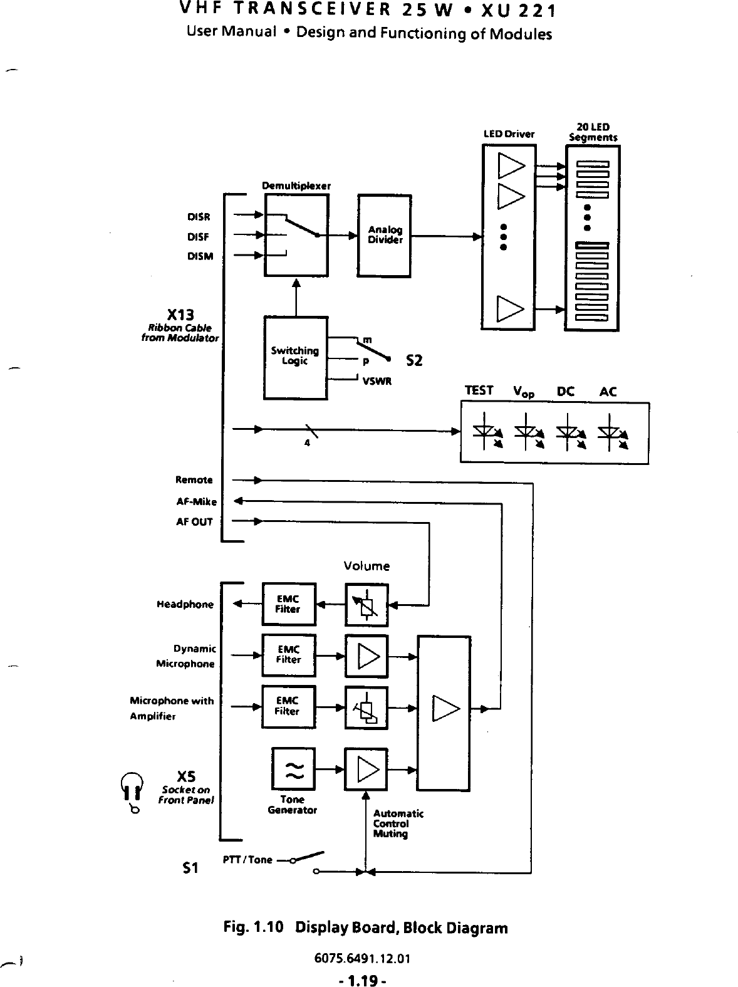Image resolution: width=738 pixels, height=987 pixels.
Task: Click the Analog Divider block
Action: [384, 236]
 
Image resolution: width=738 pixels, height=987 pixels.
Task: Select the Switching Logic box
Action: [295, 357]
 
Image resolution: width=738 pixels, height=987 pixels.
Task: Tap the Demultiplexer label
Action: [296, 185]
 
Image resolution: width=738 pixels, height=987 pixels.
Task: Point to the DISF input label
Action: [198, 237]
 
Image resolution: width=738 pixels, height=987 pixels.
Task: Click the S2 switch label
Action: [414, 361]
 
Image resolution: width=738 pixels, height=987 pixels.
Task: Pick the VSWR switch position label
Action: [377, 381]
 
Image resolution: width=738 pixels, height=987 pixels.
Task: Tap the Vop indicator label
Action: [524, 392]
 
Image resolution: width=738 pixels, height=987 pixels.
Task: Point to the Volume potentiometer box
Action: [366, 605]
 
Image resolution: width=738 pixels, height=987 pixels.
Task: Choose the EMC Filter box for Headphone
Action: [288, 604]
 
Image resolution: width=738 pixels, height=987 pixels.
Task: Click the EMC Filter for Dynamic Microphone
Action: [288, 655]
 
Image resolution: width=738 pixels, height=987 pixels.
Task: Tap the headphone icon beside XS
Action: [132, 790]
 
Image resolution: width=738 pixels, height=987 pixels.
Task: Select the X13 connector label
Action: [180, 314]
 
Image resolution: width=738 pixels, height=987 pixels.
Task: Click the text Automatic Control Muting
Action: [398, 823]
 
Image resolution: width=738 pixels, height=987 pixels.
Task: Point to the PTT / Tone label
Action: [247, 859]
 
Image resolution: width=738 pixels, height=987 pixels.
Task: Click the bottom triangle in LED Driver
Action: [509, 308]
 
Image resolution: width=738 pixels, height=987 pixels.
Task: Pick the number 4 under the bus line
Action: [307, 443]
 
